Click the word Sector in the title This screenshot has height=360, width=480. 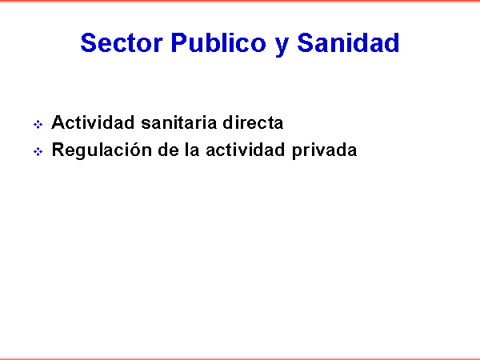tap(122, 43)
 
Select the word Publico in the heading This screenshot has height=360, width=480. tap(218, 43)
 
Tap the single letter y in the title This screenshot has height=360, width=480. tap(282, 46)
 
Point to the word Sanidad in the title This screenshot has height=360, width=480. tap(348, 43)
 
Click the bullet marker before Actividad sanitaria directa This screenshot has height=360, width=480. tap(38, 125)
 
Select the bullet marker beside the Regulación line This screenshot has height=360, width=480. tap(38, 151)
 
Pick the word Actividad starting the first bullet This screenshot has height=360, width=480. tap(93, 122)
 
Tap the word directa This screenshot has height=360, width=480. tap(253, 122)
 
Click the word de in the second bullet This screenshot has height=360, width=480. tap(168, 150)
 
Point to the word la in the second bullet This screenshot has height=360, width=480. tap(192, 150)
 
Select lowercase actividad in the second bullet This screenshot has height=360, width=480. tap(246, 150)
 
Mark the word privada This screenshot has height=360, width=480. tap(325, 150)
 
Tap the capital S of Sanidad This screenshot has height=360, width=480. tap(306, 43)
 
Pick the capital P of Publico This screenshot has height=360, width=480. tap(180, 43)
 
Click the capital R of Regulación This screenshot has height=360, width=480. tap(58, 150)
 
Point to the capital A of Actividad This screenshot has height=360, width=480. tap(58, 122)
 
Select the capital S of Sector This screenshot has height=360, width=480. tap(90, 43)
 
